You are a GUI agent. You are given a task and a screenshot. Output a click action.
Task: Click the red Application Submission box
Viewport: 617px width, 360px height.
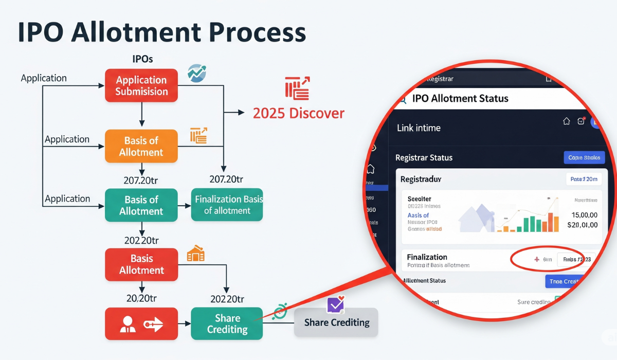click(141, 85)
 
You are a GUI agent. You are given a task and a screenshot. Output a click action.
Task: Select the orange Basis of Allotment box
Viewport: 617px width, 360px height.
click(141, 146)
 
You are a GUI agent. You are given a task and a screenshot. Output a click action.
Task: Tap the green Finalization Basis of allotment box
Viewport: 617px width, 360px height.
click(227, 205)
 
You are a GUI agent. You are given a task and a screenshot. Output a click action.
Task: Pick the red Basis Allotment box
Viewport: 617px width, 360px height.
click(141, 264)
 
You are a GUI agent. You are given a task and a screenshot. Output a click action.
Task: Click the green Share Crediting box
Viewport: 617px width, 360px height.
click(227, 323)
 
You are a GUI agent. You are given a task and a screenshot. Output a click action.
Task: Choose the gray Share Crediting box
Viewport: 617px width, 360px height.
click(336, 322)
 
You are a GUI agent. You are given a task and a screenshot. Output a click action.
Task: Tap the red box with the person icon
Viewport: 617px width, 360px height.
click(141, 323)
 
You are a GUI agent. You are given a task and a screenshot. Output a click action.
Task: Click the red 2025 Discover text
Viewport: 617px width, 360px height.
click(298, 113)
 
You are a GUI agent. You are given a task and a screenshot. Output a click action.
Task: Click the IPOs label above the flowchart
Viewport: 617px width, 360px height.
click(142, 59)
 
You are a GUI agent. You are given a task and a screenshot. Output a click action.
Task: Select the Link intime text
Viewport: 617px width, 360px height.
click(419, 128)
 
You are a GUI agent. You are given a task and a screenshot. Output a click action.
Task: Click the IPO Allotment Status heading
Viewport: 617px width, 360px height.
click(460, 98)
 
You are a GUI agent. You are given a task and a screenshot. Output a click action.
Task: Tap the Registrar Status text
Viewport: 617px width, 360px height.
click(424, 157)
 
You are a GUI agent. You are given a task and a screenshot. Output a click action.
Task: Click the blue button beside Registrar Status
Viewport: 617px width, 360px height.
click(584, 157)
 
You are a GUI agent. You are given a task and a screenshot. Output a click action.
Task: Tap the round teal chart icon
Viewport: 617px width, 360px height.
click(196, 73)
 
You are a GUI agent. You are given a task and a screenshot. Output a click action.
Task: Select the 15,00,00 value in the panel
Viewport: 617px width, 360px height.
click(584, 215)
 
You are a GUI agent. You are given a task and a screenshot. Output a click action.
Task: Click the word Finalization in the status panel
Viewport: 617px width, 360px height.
click(427, 257)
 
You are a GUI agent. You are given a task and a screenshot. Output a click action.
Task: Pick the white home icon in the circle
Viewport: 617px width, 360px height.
click(566, 121)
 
